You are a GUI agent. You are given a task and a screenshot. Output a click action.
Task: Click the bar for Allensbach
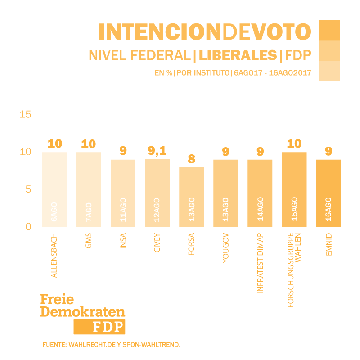54,189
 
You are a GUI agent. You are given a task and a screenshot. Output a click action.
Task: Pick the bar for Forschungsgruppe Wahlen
294,189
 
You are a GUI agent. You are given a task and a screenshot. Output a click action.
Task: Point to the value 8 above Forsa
191,159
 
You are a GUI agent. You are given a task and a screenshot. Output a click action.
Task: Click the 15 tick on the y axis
26,114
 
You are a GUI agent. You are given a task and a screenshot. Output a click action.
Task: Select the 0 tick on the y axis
28,226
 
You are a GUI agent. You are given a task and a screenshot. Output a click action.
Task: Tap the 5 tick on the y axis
28,189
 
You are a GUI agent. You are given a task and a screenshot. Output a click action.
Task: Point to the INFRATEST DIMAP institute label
260,263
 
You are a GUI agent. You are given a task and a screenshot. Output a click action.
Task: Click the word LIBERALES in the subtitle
238,55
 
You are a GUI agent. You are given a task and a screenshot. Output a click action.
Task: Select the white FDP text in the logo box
108,327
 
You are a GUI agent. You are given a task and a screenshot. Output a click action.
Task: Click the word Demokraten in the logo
82,312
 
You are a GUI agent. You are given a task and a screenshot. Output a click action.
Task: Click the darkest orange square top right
329,31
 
